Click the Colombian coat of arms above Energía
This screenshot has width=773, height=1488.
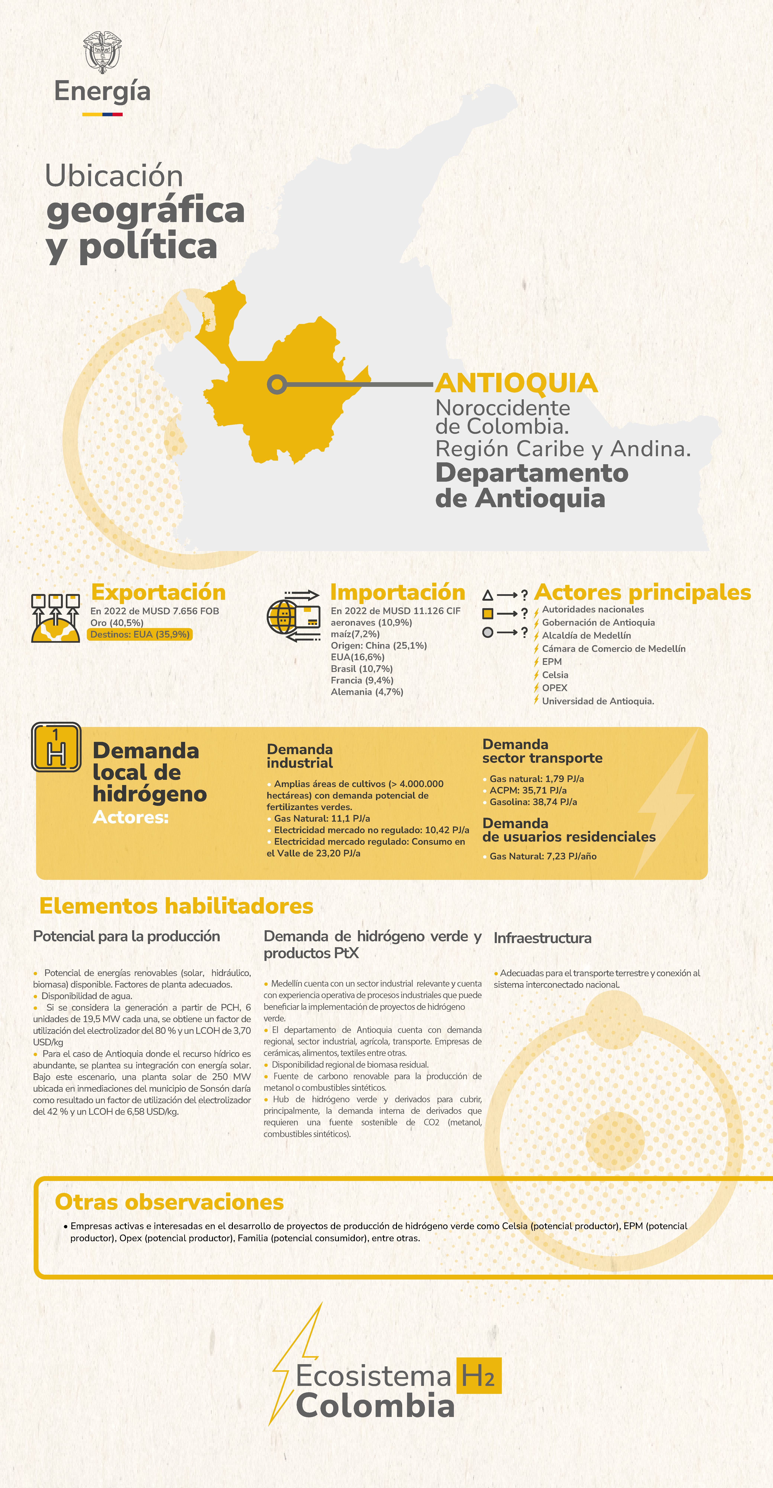pos(102,52)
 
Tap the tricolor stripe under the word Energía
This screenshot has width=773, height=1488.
pos(102,114)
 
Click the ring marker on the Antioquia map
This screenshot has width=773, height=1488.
pos(277,384)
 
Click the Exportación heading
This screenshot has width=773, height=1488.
pos(158,592)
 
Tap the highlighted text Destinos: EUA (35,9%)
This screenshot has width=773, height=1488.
pos(140,634)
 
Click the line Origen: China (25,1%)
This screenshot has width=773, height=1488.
pos(379,645)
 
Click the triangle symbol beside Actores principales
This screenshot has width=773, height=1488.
pos(488,595)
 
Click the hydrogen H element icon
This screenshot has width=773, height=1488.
pos(56,747)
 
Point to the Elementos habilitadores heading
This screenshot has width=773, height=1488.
pos(176,906)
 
